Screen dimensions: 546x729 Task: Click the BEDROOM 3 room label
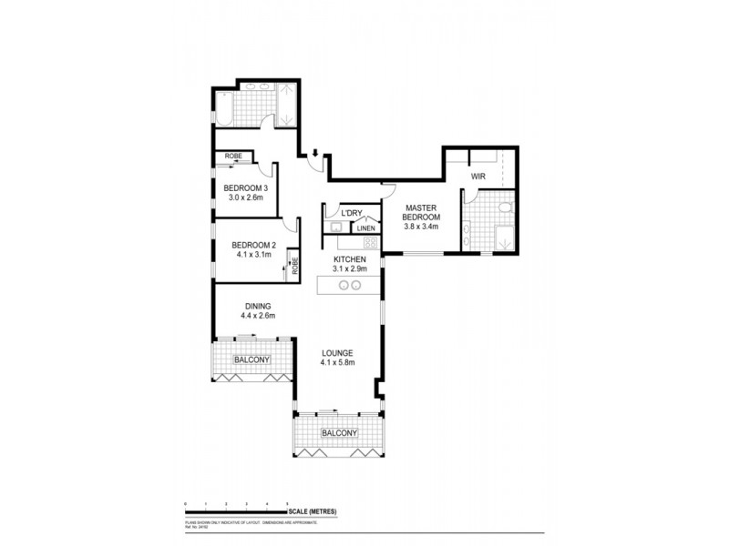(x=245, y=188)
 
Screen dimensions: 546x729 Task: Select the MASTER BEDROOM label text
(x=423, y=213)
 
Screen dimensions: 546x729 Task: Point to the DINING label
(x=258, y=306)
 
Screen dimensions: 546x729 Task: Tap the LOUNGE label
(x=336, y=352)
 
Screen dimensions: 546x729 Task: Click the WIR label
(x=477, y=176)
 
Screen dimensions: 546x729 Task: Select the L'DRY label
(x=353, y=214)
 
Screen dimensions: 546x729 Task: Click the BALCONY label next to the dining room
(x=252, y=360)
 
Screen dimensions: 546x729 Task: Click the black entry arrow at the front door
(x=315, y=153)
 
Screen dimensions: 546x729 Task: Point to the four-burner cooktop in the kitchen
(x=370, y=243)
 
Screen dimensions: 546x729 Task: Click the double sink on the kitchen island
(x=350, y=285)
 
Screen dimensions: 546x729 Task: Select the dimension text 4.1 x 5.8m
(x=336, y=362)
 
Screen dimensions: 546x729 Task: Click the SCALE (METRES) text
(x=313, y=512)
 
